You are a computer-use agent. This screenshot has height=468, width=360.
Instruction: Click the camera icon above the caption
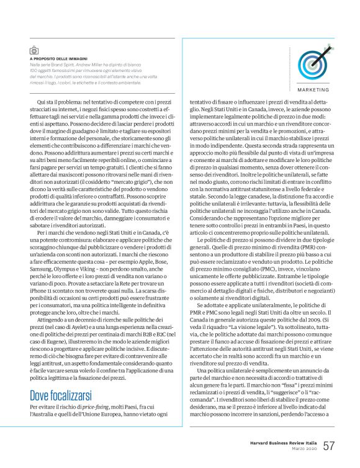(34, 50)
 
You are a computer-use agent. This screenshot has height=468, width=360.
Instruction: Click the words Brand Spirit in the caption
(66, 65)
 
